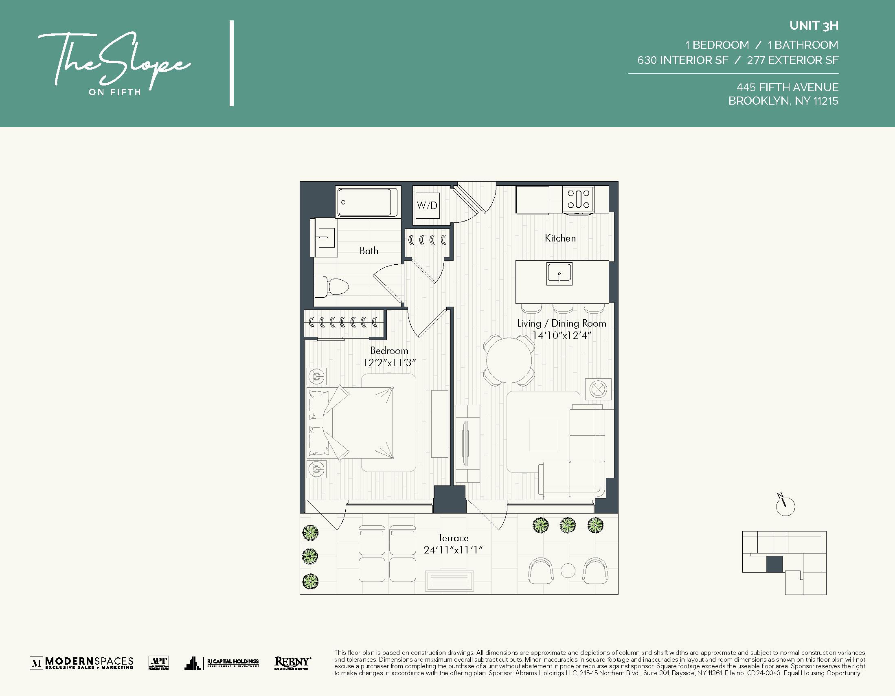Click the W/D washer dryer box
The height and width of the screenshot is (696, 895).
click(x=427, y=205)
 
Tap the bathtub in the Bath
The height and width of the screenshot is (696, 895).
click(x=367, y=202)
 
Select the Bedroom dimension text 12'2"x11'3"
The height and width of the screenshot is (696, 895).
click(x=389, y=363)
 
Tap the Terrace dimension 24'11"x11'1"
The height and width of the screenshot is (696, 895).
click(x=453, y=550)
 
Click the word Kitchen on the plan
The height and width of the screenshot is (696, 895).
click(x=560, y=238)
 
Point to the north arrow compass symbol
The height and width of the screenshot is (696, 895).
click(x=785, y=506)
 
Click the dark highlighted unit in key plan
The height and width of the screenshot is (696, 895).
click(x=774, y=564)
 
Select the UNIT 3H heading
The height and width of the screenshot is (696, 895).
click(x=814, y=26)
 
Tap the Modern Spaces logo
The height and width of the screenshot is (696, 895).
click(x=81, y=663)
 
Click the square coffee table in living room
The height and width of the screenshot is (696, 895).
click(x=544, y=435)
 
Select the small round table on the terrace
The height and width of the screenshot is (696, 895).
click(x=568, y=571)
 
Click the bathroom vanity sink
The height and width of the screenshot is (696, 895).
click(x=326, y=238)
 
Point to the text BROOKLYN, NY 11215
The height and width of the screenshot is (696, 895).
click(x=783, y=101)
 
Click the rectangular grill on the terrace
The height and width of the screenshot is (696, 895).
click(x=450, y=581)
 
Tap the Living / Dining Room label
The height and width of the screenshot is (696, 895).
click(x=562, y=323)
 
